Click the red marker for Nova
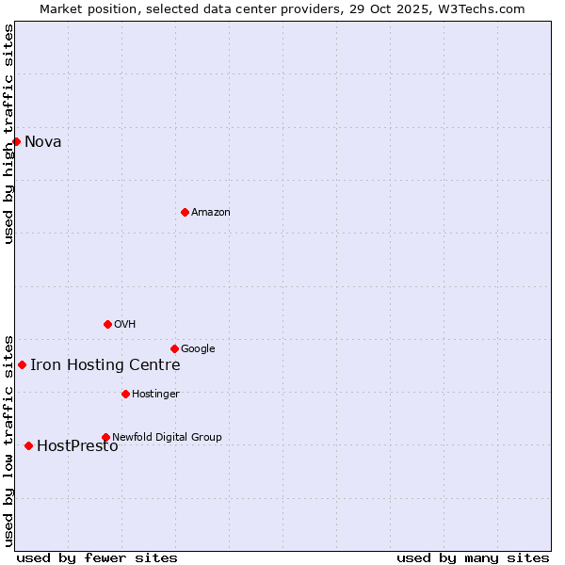click(x=16, y=141)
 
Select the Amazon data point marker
click(x=185, y=212)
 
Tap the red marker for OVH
click(x=107, y=324)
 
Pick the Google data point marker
click(x=174, y=348)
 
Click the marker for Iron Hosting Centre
click(x=22, y=364)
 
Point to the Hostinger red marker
click(x=125, y=394)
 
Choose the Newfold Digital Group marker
click(x=105, y=437)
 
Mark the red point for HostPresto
click(x=28, y=445)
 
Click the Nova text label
click(x=43, y=142)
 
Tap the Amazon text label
click(x=211, y=213)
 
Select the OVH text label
click(x=125, y=325)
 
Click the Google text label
click(x=198, y=349)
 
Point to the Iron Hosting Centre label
click(x=105, y=365)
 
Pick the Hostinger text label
click(x=155, y=395)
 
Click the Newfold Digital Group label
click(x=167, y=438)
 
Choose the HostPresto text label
click(x=77, y=446)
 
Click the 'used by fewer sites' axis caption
click(x=97, y=558)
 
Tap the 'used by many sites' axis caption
click(x=473, y=558)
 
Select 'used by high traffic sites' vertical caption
click(x=8, y=134)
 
